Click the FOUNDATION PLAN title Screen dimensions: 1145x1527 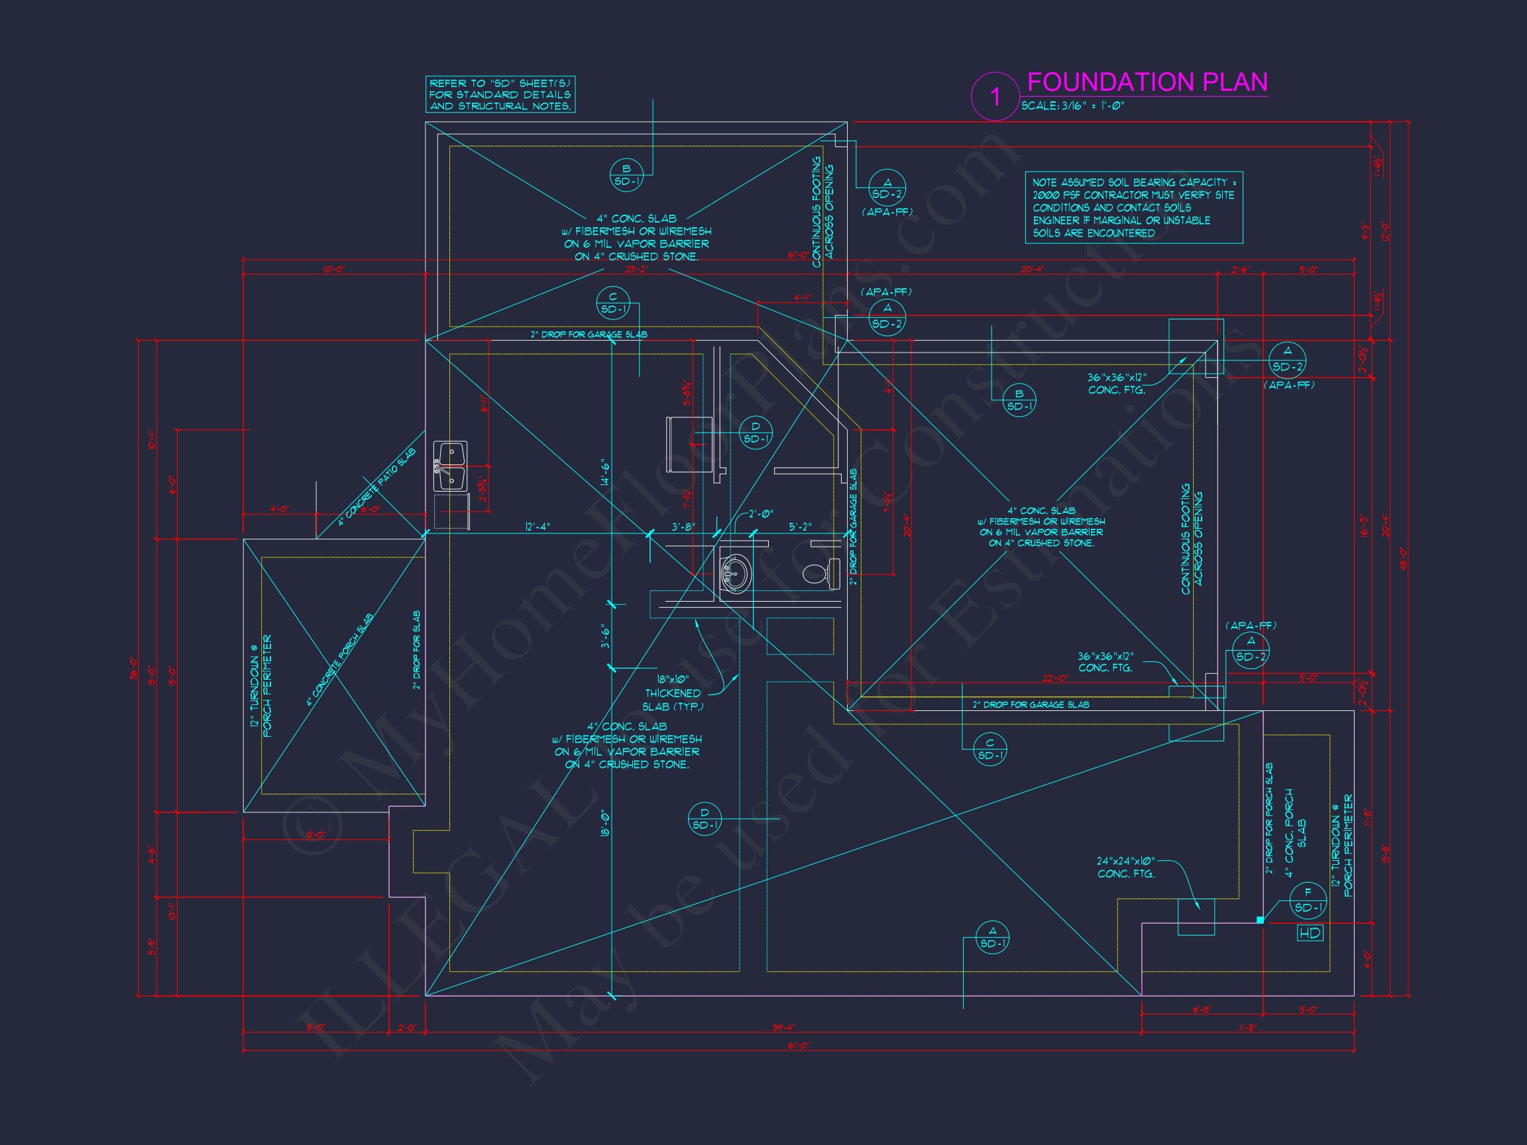coord(1147,82)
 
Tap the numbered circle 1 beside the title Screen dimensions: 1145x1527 coord(995,96)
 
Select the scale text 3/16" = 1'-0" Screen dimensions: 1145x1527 coord(1074,107)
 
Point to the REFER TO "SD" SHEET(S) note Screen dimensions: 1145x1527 coord(500,95)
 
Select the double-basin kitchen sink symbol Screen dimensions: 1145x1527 coord(450,466)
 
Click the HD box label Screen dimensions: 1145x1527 coord(1310,934)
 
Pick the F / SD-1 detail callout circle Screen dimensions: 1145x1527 coord(1308,900)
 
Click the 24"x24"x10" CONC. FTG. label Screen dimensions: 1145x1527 coord(1126,867)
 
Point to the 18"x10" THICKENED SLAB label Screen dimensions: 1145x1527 coord(673,693)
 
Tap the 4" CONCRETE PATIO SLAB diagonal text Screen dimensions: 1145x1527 coord(377,487)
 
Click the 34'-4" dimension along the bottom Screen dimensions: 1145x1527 coord(781,1028)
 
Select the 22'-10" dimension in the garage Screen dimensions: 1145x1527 coord(1055,679)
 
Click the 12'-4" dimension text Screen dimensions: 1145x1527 coord(537,527)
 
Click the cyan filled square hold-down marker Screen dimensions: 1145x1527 coord(1260,920)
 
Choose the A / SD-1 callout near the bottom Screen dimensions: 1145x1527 coord(992,937)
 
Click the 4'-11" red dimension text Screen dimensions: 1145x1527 coord(802,298)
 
